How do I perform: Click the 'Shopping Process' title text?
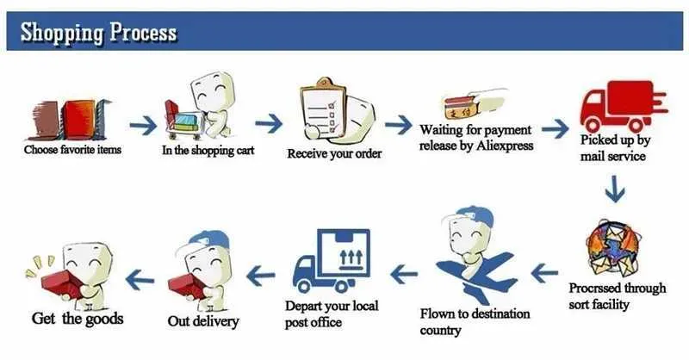98,32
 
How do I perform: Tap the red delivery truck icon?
623,106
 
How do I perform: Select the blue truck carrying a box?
332,260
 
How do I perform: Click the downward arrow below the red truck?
615,189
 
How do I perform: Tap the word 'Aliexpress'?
505,146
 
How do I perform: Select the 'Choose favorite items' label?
72,150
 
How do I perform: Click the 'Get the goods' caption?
78,319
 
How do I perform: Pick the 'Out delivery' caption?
203,321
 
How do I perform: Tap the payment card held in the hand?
458,107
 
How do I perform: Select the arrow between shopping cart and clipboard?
269,123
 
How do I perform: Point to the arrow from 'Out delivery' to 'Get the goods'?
140,280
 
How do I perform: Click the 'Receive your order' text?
334,154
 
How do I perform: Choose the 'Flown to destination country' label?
475,322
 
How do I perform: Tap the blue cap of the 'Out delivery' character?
209,239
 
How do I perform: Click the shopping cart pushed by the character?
183,117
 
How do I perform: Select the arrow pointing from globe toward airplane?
544,273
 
